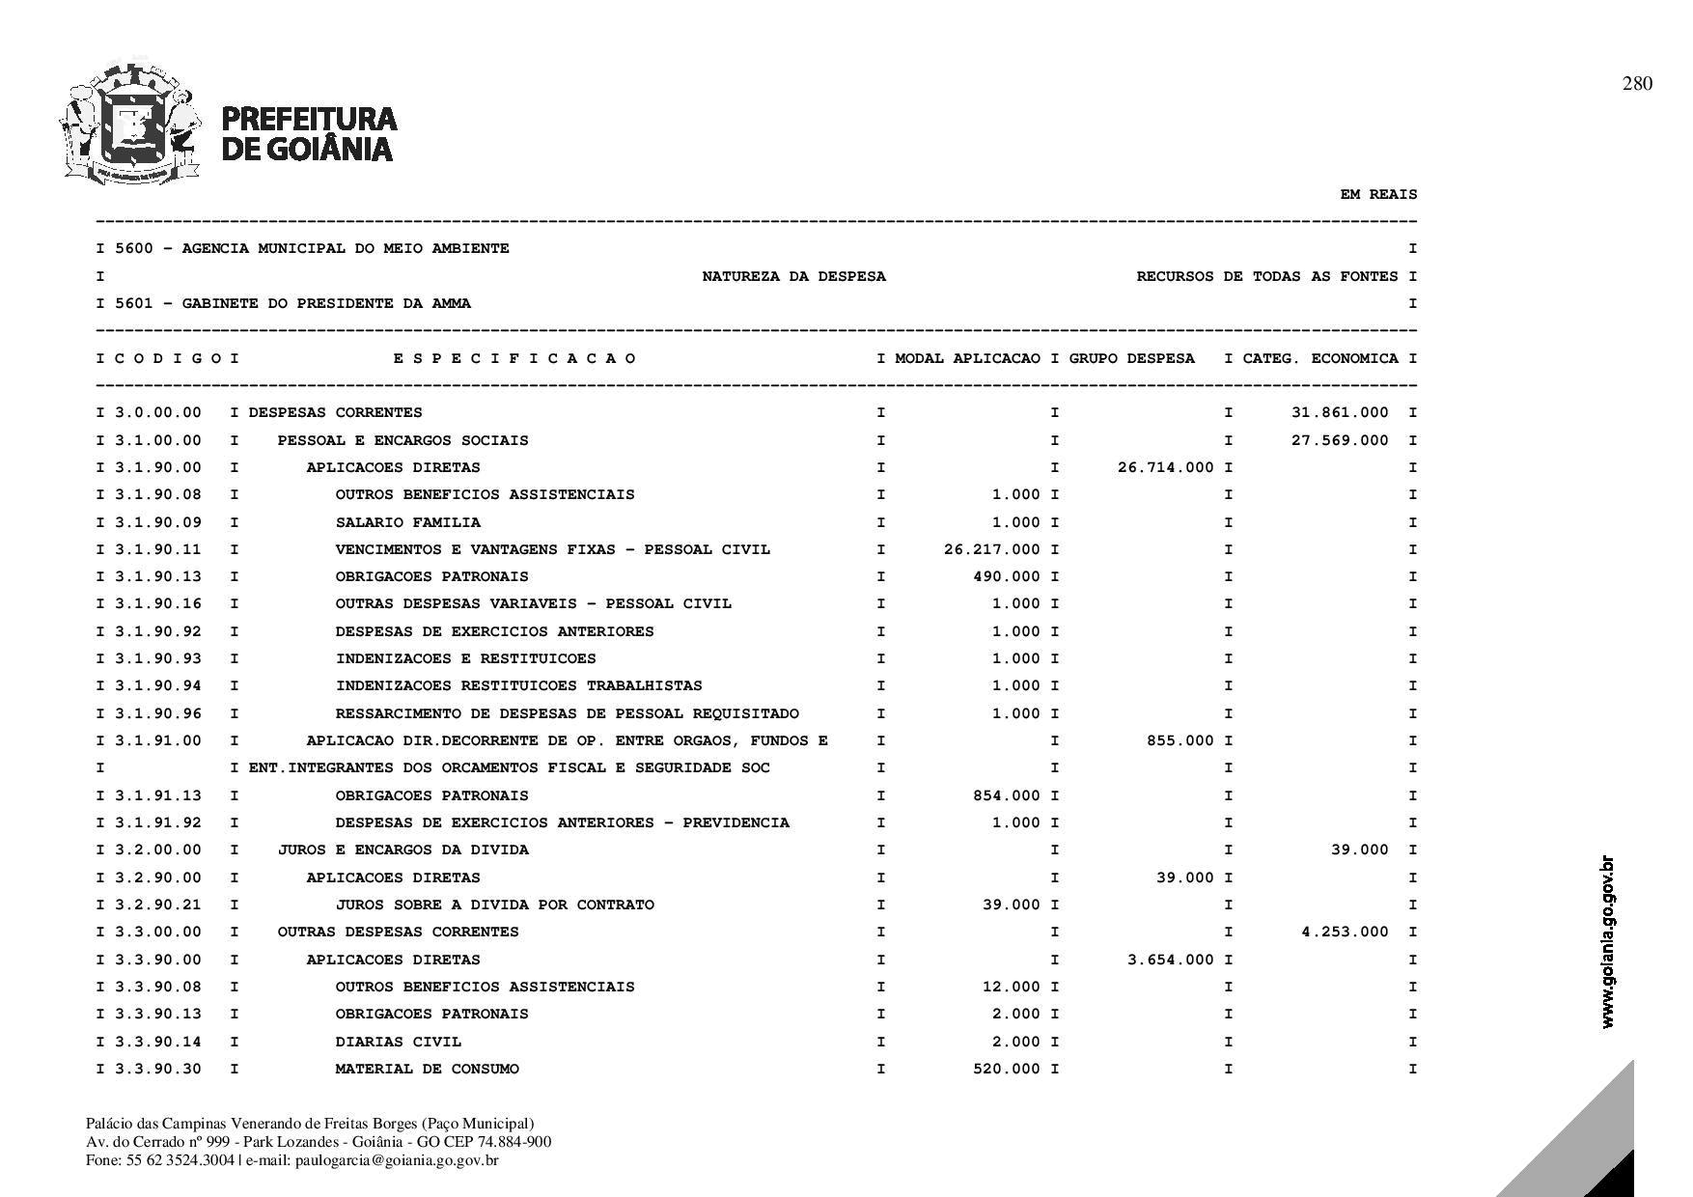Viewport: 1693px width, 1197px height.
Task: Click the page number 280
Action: [x=1637, y=84]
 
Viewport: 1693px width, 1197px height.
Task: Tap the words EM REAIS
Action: [x=1378, y=194]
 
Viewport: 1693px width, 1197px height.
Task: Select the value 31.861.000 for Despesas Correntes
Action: [x=1340, y=412]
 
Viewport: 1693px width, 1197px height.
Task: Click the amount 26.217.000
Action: [x=992, y=549]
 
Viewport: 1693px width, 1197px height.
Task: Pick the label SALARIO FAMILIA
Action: [x=407, y=522]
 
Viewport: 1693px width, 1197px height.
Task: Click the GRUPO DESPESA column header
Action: [x=1131, y=358]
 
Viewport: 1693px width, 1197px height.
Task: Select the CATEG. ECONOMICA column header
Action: [x=1320, y=358]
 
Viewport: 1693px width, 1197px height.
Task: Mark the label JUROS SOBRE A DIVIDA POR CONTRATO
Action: [x=494, y=905]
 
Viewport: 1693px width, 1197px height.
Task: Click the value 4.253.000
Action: [x=1345, y=932]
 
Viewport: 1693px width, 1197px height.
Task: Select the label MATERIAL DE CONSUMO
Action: [x=427, y=1069]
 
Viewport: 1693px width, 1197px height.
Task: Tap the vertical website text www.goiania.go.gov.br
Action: [x=1607, y=941]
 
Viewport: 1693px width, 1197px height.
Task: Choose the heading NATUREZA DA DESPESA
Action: [x=793, y=276]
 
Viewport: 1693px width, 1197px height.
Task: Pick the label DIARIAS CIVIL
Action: [x=398, y=1042]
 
